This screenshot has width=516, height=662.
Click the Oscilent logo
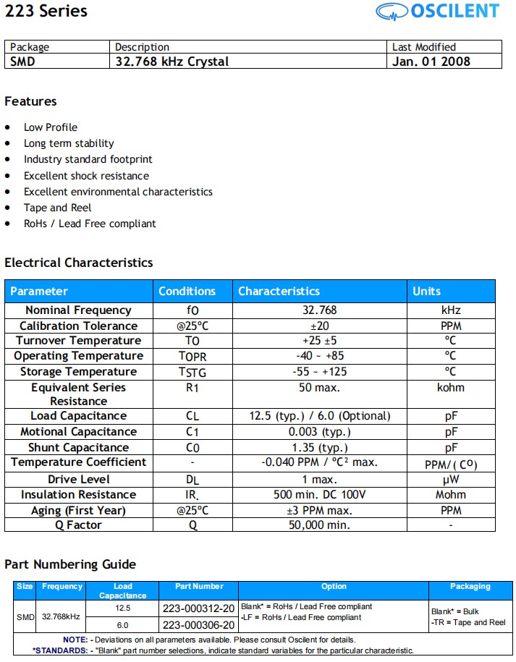tap(437, 11)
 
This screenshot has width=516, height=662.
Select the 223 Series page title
tap(46, 12)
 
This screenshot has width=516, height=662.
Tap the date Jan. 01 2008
tap(431, 61)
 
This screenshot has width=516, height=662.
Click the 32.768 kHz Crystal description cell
tap(172, 61)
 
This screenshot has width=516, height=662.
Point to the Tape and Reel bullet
tap(57, 208)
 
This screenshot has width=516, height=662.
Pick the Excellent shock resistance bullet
tap(86, 176)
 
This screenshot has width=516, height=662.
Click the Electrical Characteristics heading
tap(79, 263)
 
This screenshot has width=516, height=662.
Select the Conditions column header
tap(187, 291)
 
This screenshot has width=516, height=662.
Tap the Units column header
tap(426, 291)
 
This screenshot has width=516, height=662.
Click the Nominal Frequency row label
tap(78, 310)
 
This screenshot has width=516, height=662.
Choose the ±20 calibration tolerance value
tap(319, 326)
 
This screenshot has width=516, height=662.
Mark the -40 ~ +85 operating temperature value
tap(319, 356)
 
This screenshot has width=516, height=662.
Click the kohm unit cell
tap(451, 388)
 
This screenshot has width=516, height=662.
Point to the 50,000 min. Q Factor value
tap(319, 525)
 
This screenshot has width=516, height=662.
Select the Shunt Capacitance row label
tap(78, 448)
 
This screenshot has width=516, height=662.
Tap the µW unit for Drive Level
tap(451, 480)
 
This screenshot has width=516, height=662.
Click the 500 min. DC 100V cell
tap(319, 495)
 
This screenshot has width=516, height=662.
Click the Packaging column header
tap(470, 587)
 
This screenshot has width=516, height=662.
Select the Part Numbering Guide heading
tap(70, 564)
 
